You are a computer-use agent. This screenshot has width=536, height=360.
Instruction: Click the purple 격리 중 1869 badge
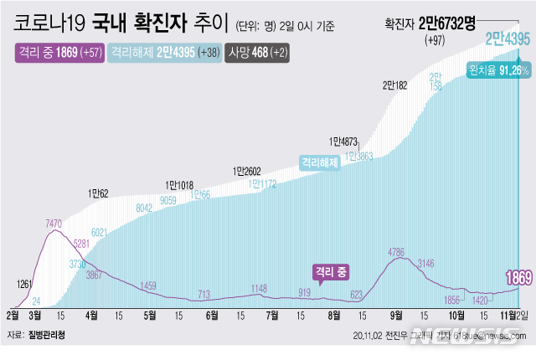click(58, 53)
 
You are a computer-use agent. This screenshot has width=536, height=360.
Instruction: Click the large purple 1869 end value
click(516, 278)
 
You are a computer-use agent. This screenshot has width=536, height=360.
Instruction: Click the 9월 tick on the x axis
click(395, 316)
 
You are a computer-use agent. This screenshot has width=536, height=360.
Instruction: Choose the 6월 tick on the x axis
click(211, 316)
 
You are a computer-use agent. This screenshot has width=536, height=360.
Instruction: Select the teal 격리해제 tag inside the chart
click(319, 162)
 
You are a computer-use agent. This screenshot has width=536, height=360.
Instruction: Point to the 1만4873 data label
click(344, 141)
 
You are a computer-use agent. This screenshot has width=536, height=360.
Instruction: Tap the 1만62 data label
click(99, 193)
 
